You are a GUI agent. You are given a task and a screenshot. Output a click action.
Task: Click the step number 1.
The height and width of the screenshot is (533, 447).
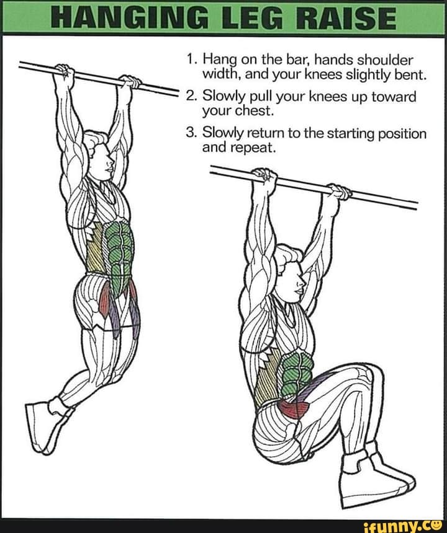tap(191, 61)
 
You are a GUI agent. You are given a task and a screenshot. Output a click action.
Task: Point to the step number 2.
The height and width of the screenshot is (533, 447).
tap(190, 98)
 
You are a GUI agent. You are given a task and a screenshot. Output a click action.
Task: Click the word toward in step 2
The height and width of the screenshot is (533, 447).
tap(394, 98)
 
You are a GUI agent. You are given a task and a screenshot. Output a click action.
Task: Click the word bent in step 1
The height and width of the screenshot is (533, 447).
tap(407, 76)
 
